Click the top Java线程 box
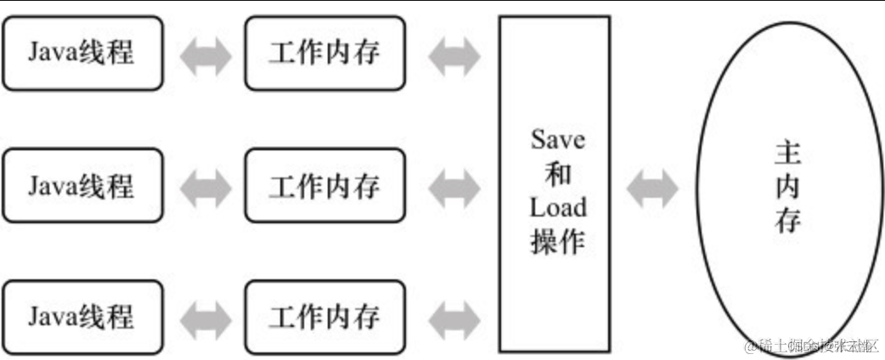tap(82, 53)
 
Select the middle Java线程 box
tap(82, 184)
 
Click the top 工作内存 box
tap(324, 53)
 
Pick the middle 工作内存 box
tap(324, 184)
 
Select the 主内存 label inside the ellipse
tap(787, 187)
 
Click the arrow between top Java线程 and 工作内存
tap(205, 54)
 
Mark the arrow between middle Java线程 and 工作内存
tap(205, 186)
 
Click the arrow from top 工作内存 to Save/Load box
tap(454, 54)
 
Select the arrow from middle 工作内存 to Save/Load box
tap(454, 186)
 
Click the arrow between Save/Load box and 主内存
tap(652, 187)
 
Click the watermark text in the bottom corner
tap(811, 346)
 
